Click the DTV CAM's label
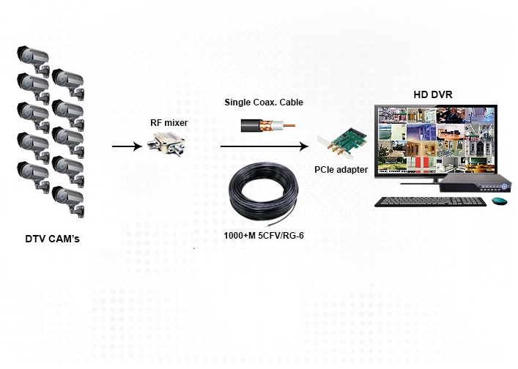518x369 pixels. [x=52, y=239]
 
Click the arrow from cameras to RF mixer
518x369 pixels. [x=126, y=147]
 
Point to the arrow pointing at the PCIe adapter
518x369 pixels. [x=264, y=146]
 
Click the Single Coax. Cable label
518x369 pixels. [x=263, y=102]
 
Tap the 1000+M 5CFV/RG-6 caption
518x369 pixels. [x=263, y=236]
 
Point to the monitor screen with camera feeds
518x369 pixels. [x=434, y=140]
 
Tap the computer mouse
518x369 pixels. [x=501, y=201]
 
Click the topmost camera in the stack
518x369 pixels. [x=34, y=56]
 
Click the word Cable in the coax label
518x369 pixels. [x=289, y=102]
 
